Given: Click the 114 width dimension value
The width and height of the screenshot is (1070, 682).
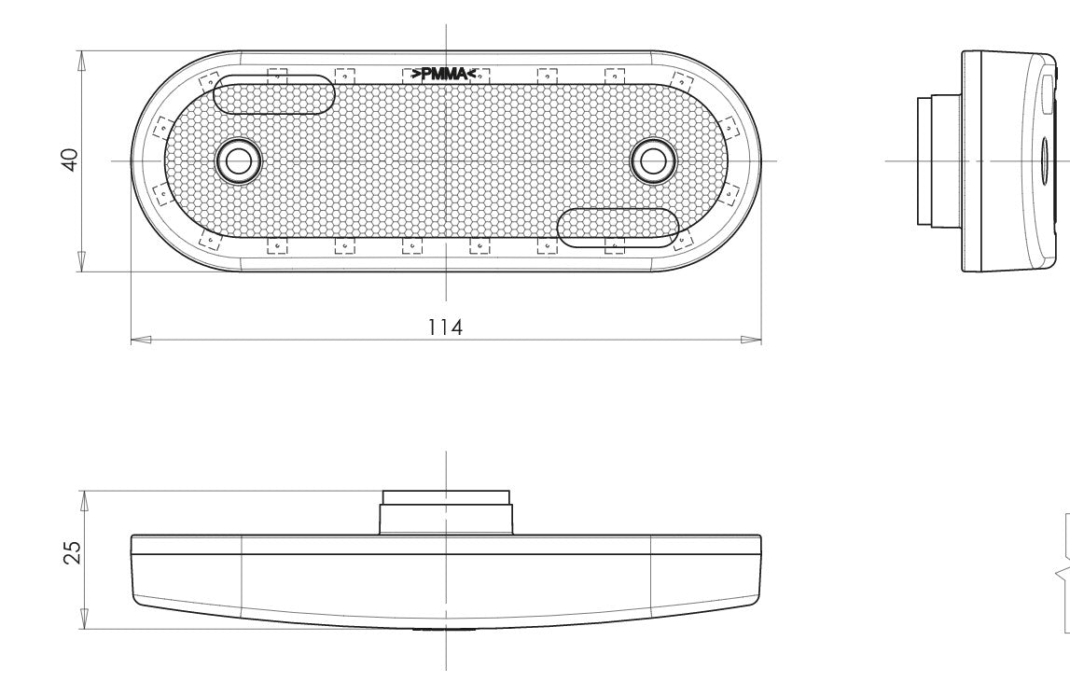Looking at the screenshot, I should [446, 327].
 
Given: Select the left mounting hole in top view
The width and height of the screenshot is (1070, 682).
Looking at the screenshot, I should [239, 160].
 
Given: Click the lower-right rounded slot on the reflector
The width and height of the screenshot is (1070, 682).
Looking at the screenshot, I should [617, 228].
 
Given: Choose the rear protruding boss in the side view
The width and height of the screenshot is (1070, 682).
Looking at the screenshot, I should [938, 160].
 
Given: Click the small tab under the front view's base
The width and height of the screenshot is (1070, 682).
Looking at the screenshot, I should [445, 631].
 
